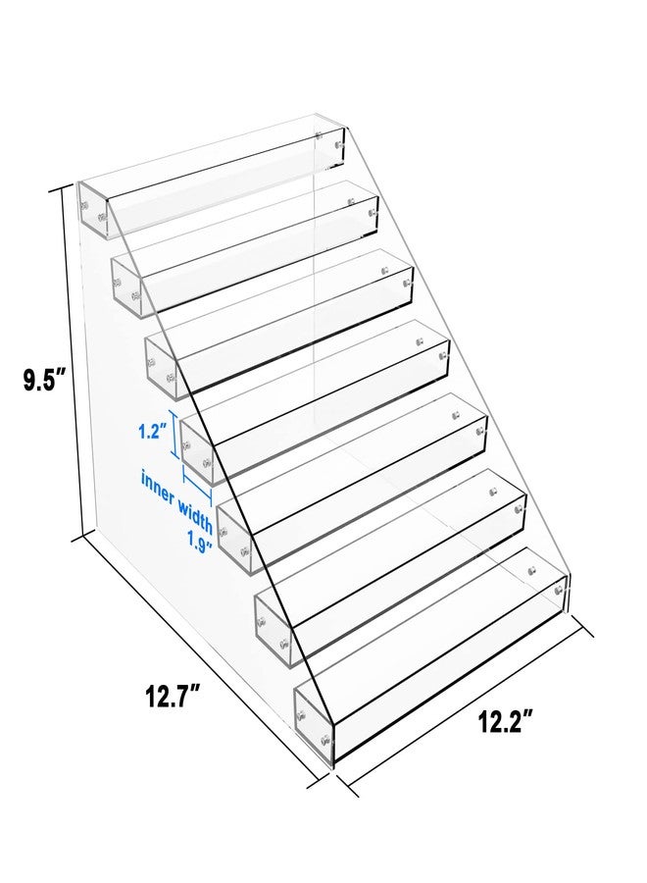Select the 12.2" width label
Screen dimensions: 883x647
pyautogui.click(x=505, y=723)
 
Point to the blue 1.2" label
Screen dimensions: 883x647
pyautogui.click(x=151, y=429)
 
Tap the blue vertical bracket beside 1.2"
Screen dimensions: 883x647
pyautogui.click(x=174, y=435)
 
